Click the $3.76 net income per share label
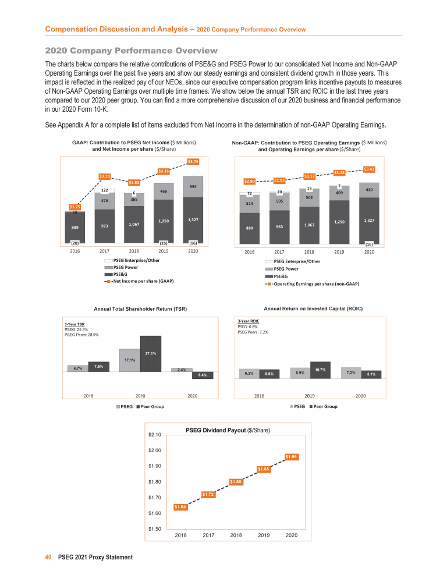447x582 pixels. point(194,161)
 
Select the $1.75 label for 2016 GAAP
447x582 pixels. point(75,207)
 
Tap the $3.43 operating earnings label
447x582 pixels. point(369,169)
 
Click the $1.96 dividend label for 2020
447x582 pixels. point(292,457)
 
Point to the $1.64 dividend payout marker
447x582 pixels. point(181,507)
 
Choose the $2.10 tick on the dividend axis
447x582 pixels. point(155,434)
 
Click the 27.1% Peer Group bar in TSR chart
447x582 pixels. point(150,353)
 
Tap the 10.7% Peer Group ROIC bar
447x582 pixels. point(320,370)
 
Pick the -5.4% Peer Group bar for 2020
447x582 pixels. point(202,375)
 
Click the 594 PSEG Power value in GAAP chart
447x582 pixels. point(194,186)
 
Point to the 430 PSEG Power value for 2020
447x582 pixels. point(369,190)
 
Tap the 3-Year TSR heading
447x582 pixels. point(74,324)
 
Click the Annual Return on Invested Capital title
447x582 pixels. point(313,308)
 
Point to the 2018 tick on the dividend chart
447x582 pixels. point(236,534)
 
